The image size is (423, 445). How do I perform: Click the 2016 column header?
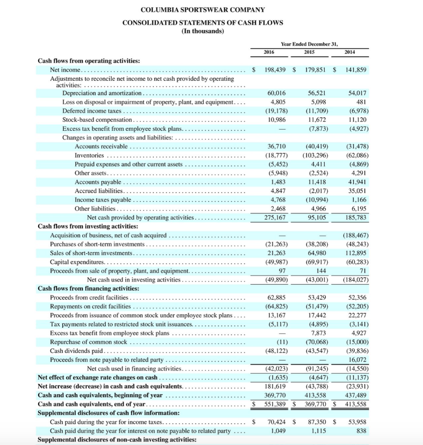269,52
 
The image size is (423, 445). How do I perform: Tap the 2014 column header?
349,52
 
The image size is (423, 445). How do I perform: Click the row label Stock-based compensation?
97,120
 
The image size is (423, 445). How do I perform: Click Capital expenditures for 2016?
275,262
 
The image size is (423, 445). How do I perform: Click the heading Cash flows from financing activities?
89,288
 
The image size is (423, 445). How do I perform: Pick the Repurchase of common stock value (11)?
281,342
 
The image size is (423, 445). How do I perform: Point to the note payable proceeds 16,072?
358,360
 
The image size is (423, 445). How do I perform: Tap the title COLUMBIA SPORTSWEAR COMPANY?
203,10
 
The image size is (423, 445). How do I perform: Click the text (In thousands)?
203,31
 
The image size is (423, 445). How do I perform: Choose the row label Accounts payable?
98,182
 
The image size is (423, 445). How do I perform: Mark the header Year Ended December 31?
309,43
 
